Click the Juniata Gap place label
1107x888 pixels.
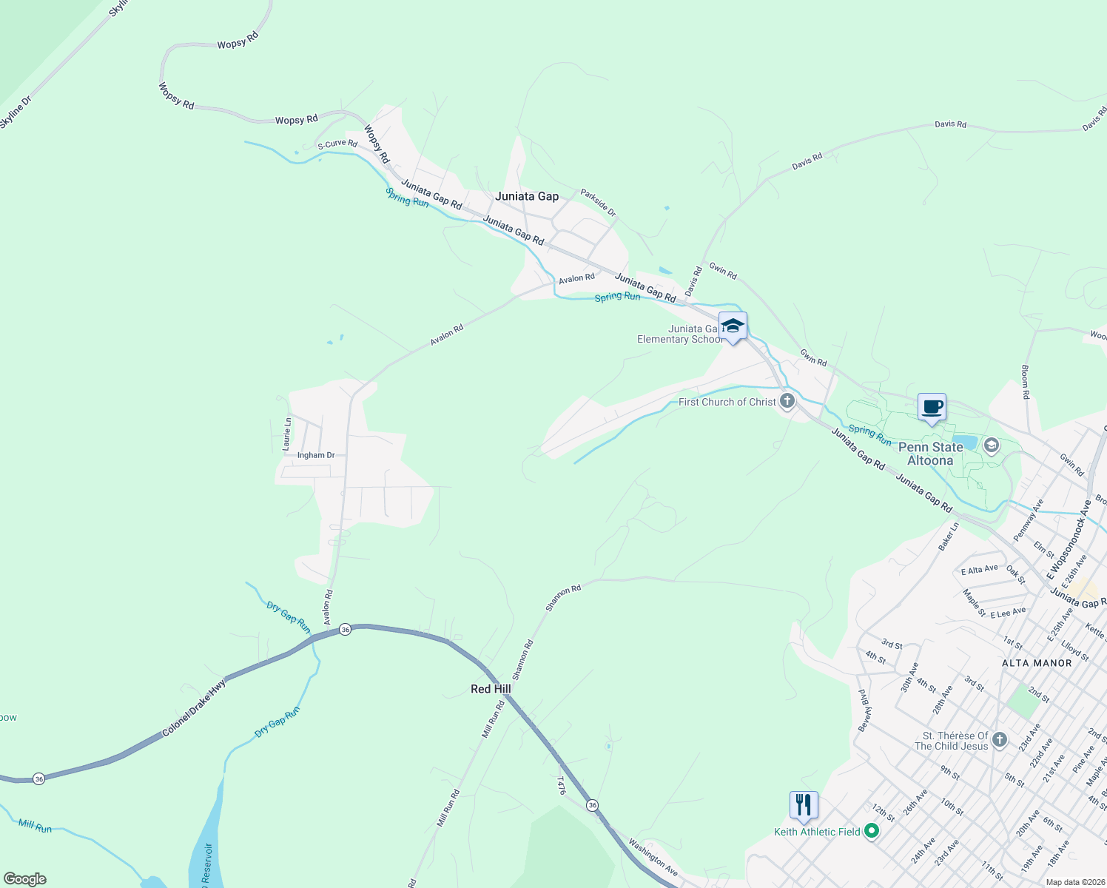tap(527, 196)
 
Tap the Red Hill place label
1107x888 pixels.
tap(491, 689)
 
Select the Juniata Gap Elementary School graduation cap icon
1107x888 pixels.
tap(733, 326)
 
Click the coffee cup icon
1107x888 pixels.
tap(932, 407)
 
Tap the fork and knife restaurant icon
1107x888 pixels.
tap(804, 804)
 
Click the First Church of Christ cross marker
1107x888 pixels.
tap(787, 402)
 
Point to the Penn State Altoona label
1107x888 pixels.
tap(930, 454)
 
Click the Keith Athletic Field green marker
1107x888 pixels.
tap(872, 832)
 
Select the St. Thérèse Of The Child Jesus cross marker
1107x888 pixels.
tap(1000, 740)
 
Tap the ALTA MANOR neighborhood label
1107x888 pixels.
tap(1037, 663)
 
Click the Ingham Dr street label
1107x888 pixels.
tap(316, 455)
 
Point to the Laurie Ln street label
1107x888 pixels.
tap(287, 434)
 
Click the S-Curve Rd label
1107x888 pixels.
tap(337, 144)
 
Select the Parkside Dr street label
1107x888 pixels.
tap(598, 203)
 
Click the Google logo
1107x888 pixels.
tap(25, 878)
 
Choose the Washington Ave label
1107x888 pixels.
tap(653, 857)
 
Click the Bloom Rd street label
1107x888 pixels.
tap(1026, 382)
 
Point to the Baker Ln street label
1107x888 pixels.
tap(948, 536)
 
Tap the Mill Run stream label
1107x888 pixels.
tap(36, 826)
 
